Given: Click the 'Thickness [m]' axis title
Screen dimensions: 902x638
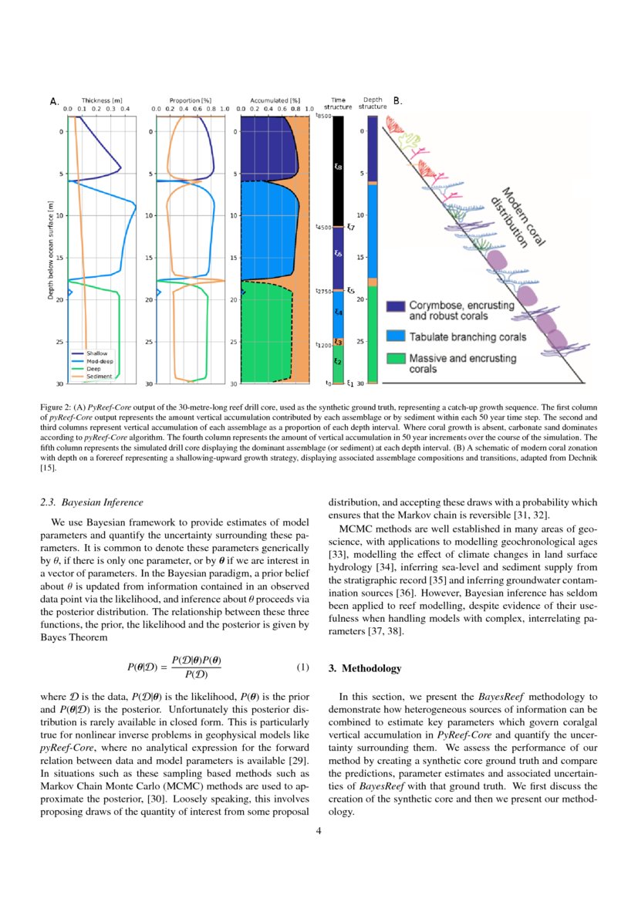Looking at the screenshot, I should (x=102, y=100).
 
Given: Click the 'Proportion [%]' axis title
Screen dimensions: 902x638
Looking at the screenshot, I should (x=191, y=100).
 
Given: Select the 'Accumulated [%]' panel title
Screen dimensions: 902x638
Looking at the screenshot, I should (x=275, y=100).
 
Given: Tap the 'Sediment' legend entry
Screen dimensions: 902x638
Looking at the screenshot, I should (x=97, y=377).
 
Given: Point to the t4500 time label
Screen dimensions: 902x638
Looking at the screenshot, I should (x=323, y=228).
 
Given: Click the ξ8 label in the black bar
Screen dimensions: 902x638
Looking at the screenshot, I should (x=338, y=167).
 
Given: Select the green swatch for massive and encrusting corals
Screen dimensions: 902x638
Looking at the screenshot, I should (x=396, y=360).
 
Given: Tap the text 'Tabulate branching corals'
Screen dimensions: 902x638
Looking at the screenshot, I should (x=468, y=337).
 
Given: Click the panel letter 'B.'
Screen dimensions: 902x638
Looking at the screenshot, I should (x=397, y=101).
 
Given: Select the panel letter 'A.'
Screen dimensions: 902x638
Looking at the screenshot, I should (x=54, y=101).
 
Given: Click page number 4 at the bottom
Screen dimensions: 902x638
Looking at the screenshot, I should (x=319, y=831).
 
